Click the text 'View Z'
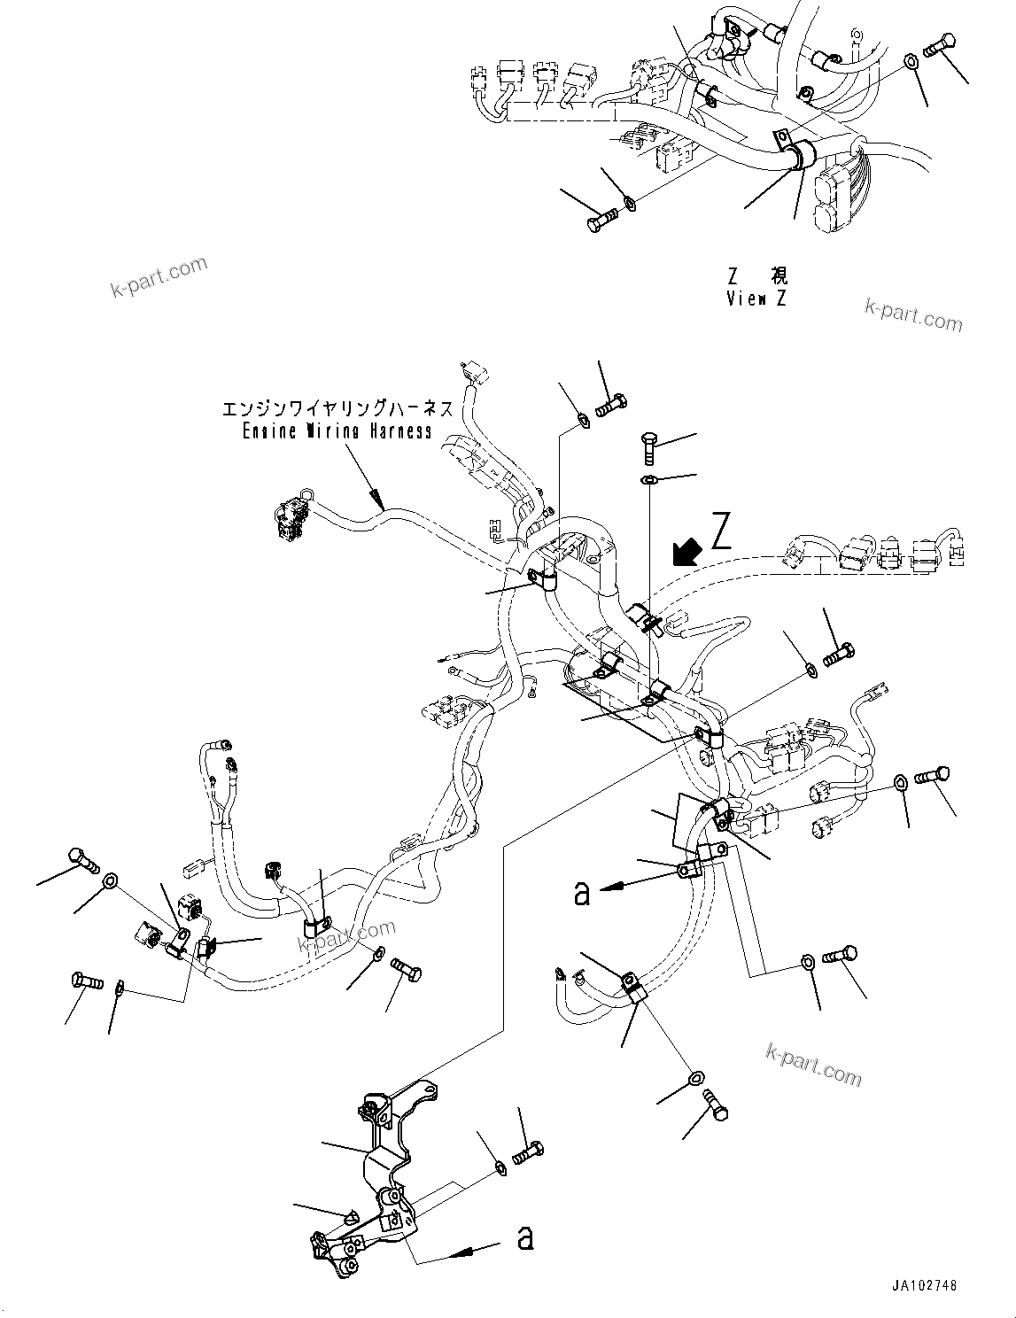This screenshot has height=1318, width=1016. click(756, 298)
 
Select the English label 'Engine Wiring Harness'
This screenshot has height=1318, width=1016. click(337, 431)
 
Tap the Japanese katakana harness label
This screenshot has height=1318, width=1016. click(337, 408)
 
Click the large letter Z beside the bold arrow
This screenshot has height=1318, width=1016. click(721, 535)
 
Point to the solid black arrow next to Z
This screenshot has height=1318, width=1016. click(685, 552)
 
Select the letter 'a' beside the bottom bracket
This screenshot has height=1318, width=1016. click(525, 1237)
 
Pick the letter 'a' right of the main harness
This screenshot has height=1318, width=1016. click(581, 894)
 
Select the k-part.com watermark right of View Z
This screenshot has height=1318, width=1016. click(913, 314)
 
